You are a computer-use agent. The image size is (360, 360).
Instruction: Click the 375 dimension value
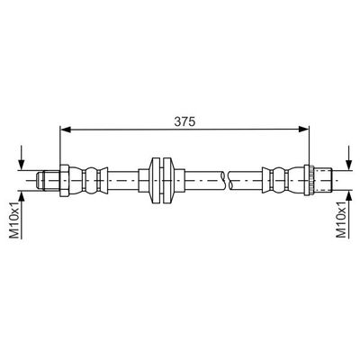coord(184,121)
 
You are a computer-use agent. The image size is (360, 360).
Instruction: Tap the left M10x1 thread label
coord(15,220)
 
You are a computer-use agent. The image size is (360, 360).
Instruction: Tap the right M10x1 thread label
coord(341,220)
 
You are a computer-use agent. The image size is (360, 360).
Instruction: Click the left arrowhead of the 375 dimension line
coord(66,130)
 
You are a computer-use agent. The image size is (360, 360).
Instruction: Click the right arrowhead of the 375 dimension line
coord(303,130)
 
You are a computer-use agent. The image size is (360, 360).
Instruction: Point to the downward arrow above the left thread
coord(21,157)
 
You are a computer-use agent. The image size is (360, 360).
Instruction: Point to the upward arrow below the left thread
coord(21,214)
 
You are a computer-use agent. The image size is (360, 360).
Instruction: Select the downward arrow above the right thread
coord(348,157)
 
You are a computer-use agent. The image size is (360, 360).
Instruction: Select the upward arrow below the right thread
coord(348,214)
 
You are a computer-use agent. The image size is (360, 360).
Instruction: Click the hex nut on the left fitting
coord(65,180)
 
